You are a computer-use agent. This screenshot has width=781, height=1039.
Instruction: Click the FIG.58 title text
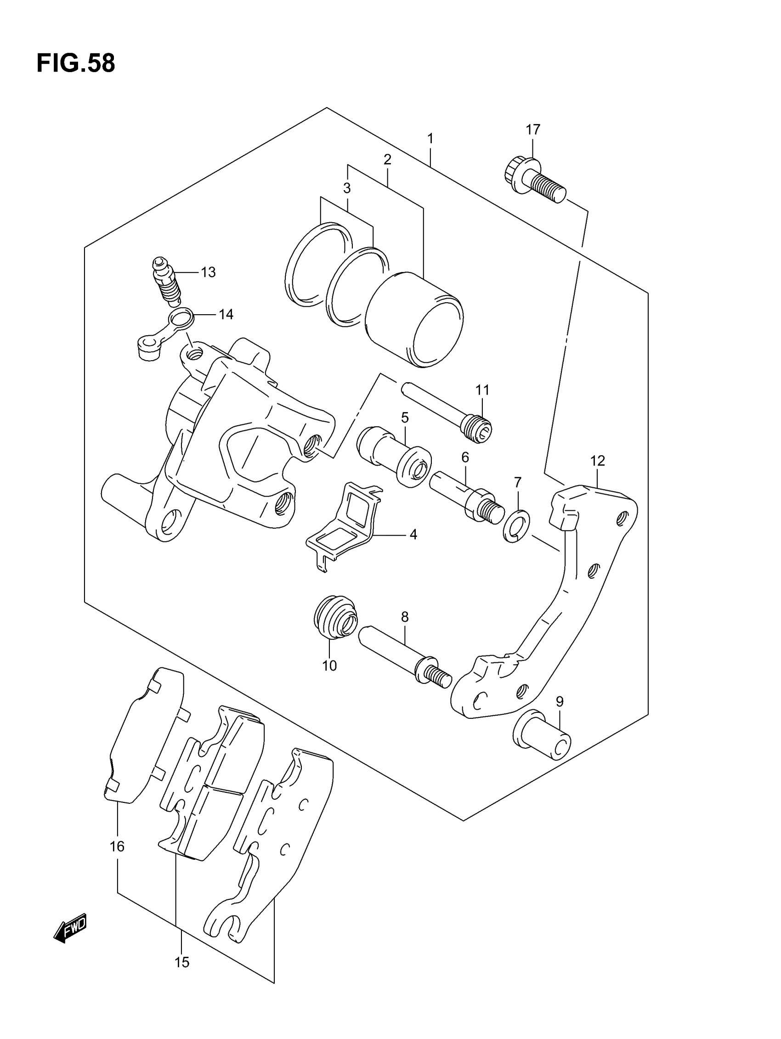coord(76,63)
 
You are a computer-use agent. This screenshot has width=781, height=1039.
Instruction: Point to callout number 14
coord(226,314)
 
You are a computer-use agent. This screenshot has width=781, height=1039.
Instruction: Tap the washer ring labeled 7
coord(516,525)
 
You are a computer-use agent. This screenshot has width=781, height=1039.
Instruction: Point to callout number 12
coord(597,461)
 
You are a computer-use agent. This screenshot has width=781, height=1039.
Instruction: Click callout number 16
coord(117,847)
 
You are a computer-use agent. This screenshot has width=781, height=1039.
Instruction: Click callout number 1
coord(430,139)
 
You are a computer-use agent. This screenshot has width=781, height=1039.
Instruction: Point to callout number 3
coord(347,188)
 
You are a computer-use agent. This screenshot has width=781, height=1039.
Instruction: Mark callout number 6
coord(465,457)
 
